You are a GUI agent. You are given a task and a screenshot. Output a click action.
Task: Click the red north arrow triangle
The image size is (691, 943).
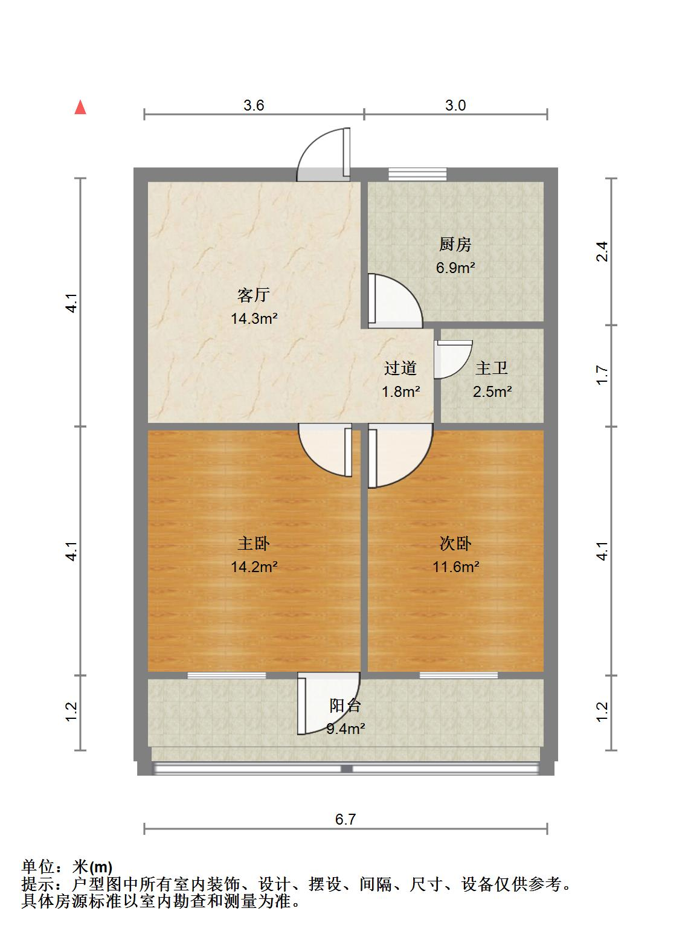point(80,108)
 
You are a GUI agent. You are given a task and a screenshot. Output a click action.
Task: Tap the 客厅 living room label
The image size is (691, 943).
point(253,295)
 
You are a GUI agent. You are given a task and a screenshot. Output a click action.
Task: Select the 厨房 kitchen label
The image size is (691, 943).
point(455,245)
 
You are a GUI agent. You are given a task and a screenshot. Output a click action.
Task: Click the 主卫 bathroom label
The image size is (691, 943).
point(491,368)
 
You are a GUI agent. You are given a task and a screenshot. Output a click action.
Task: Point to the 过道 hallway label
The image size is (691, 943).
point(400,368)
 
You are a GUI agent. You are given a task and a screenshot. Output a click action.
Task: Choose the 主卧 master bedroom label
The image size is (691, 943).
point(253,544)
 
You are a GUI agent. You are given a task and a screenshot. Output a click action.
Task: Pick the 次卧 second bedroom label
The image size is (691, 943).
point(455,544)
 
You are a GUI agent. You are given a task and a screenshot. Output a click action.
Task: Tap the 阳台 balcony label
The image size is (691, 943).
point(345,706)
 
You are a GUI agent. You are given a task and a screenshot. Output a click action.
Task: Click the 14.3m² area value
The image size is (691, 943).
point(254,318)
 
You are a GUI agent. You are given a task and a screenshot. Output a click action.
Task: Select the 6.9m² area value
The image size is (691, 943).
point(455,268)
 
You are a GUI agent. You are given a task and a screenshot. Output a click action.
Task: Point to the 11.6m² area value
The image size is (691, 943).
point(455,567)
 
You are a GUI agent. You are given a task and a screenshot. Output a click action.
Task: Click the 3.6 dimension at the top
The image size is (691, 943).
point(254,106)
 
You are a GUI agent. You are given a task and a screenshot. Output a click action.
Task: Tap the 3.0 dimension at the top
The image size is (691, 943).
point(455,106)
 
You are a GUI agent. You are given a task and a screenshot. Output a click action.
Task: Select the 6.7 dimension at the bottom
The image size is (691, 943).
point(345,819)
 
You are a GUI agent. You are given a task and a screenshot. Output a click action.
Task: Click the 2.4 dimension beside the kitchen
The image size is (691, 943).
point(602,251)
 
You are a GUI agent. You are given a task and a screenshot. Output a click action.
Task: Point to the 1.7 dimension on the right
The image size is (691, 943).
point(602,376)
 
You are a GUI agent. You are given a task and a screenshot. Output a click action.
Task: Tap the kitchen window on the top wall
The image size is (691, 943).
point(417,174)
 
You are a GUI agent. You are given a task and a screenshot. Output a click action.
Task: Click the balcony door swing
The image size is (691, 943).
point(326,704)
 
